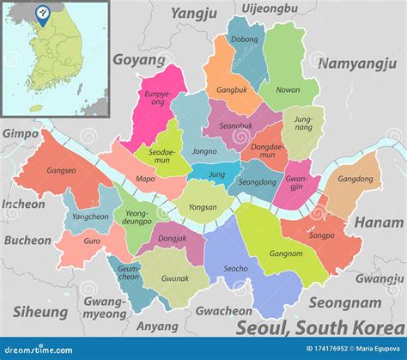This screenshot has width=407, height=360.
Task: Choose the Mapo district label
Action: pos(146,180)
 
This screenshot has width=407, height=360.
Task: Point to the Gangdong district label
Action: pos(355,180)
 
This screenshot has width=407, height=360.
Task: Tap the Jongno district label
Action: pos(204,152)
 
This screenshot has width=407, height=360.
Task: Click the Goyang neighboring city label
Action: pos(138,61)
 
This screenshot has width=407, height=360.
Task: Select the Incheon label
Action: pos(23,204)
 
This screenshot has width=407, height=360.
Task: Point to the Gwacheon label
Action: pos(223,311)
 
